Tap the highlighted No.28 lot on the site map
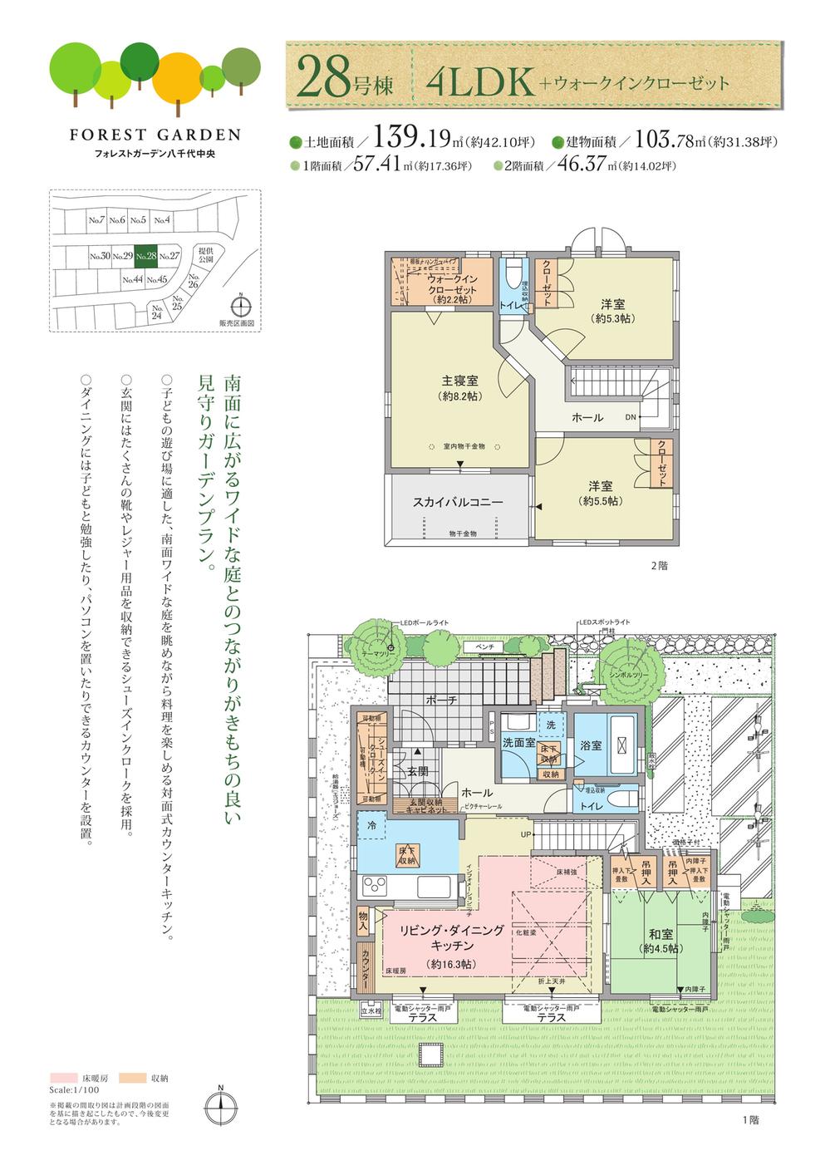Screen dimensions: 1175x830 [x=146, y=257]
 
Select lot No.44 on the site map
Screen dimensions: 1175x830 [x=133, y=280]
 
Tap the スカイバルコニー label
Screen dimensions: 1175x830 [x=458, y=503]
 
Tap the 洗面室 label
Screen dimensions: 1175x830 [x=518, y=742]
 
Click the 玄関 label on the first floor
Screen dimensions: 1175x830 [x=417, y=771]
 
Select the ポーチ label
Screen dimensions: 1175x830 [x=441, y=701]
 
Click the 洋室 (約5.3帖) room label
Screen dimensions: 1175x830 [x=613, y=305]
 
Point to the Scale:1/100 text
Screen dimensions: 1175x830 [x=74, y=1089]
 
